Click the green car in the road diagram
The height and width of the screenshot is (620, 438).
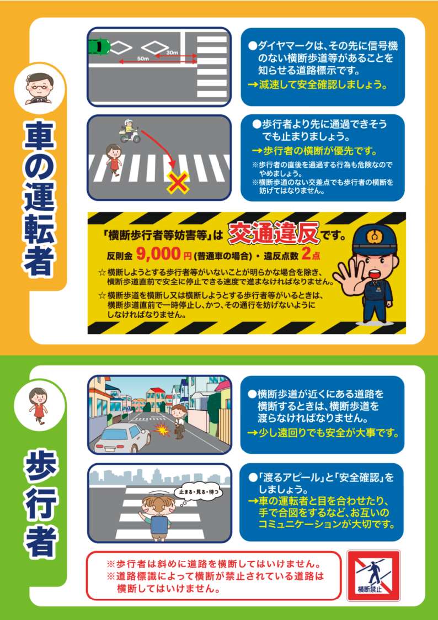coord(99,47)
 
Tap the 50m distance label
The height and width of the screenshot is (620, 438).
coord(142,59)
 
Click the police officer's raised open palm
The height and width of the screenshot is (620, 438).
coord(347,278)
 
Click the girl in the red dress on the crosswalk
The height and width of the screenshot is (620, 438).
coord(114,159)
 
